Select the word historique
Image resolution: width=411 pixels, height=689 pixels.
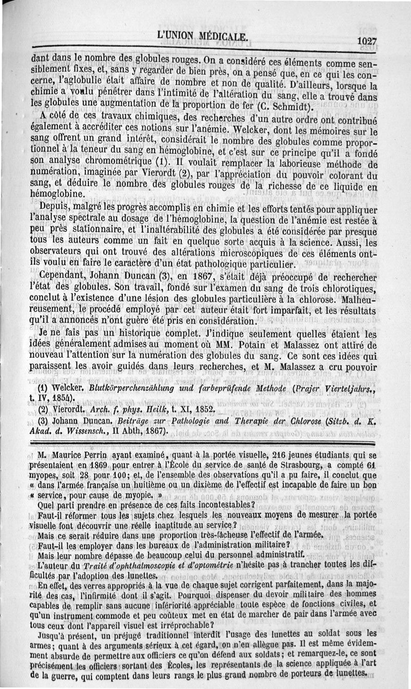[119, 333]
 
